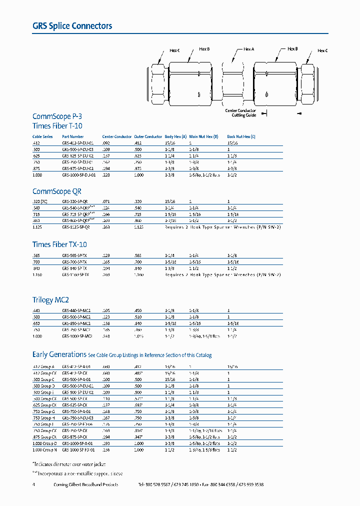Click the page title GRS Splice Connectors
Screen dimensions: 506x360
(72, 26)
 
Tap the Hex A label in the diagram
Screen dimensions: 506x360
(248, 49)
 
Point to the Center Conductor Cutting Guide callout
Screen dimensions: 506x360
(240, 112)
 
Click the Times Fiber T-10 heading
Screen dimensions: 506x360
(57, 126)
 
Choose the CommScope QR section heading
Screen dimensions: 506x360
(56, 191)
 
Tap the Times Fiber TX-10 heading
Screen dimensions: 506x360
(59, 244)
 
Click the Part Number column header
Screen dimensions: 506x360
(72, 136)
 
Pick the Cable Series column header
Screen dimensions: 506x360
(42, 136)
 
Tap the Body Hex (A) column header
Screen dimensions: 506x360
(175, 136)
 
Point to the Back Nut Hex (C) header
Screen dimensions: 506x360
(241, 136)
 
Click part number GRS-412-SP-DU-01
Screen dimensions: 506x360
(77, 142)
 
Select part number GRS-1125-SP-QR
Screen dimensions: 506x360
(75, 226)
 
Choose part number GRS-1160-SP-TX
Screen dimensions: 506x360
(75, 274)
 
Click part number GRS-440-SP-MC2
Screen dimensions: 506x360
(76, 311)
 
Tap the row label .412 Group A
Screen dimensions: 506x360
(43, 367)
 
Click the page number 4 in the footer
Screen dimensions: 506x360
(33, 485)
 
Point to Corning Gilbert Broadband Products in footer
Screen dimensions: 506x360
(85, 485)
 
